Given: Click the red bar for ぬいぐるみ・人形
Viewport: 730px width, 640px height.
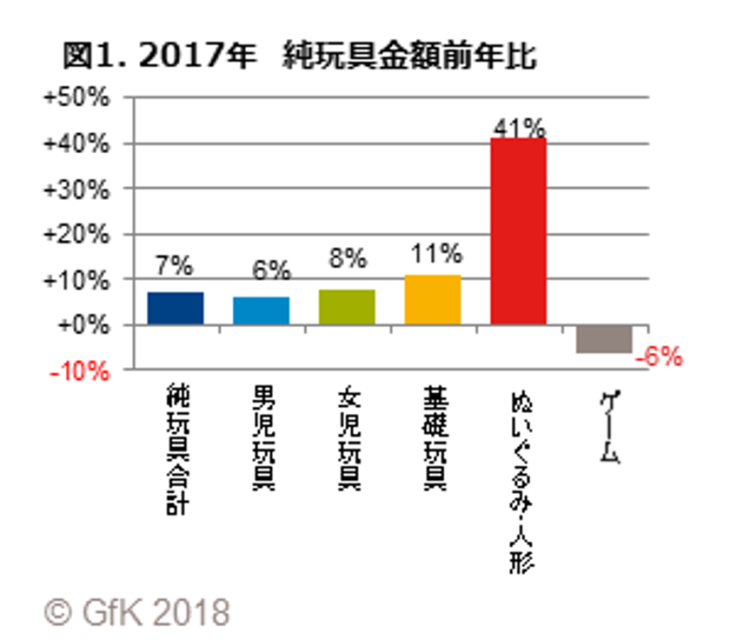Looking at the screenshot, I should pos(518,230).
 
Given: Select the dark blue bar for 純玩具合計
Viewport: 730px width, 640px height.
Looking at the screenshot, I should pos(176,309).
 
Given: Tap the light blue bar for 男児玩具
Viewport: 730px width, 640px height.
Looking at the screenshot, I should pos(261,310).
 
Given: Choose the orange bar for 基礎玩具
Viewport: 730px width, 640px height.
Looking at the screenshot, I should pos(432,300).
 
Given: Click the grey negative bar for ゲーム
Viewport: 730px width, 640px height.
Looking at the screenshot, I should pos(604,338).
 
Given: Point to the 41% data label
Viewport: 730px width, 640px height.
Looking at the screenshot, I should pos(518,126).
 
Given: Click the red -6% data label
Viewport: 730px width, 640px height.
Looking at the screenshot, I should pos(659,357).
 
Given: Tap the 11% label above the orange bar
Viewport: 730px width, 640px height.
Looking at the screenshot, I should pos(434,255).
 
